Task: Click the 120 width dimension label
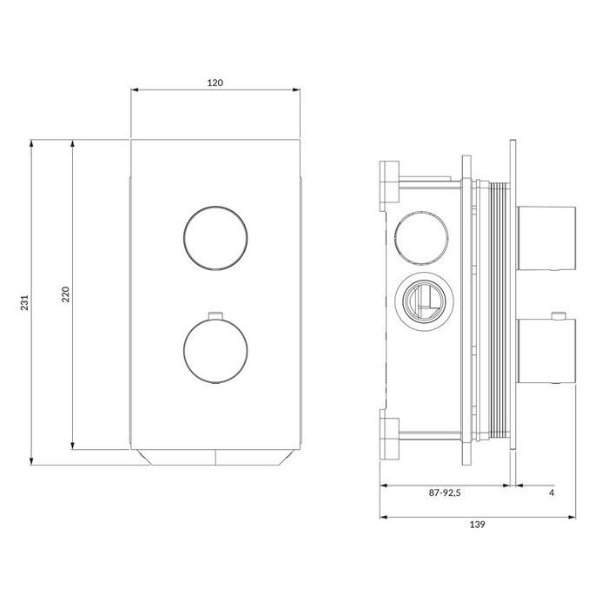tap(215, 83)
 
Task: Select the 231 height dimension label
tap(25, 302)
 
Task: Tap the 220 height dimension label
tap(65, 294)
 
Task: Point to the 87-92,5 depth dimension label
tap(445, 492)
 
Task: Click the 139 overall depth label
tap(478, 525)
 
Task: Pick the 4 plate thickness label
tap(552, 492)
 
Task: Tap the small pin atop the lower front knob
tap(215, 316)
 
